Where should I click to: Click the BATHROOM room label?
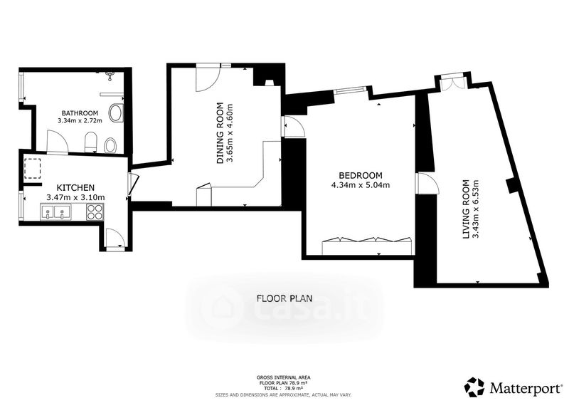pyautogui.click(x=80, y=112)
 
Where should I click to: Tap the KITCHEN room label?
pyautogui.click(x=75, y=188)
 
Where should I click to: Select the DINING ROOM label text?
pyautogui.click(x=220, y=133)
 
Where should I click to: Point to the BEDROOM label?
pyautogui.click(x=361, y=176)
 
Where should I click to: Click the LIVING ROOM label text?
pyautogui.click(x=467, y=209)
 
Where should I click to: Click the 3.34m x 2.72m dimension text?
pyautogui.click(x=80, y=120)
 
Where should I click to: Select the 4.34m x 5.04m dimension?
pyautogui.click(x=361, y=185)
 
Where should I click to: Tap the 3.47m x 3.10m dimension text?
pyautogui.click(x=75, y=197)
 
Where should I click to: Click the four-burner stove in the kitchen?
pyautogui.click(x=95, y=212)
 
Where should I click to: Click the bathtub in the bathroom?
pyautogui.click(x=116, y=113)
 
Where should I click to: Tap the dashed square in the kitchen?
pyautogui.click(x=33, y=169)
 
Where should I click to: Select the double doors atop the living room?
pyautogui.click(x=451, y=83)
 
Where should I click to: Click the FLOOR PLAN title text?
pyautogui.click(x=284, y=299)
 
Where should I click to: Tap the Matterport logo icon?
pyautogui.click(x=475, y=387)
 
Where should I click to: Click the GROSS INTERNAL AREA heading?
pyautogui.click(x=283, y=377)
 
